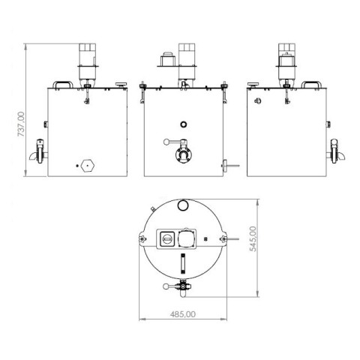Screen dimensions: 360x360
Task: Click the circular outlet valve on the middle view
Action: coord(182,155)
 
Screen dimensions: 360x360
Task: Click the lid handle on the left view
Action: coord(64,85)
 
